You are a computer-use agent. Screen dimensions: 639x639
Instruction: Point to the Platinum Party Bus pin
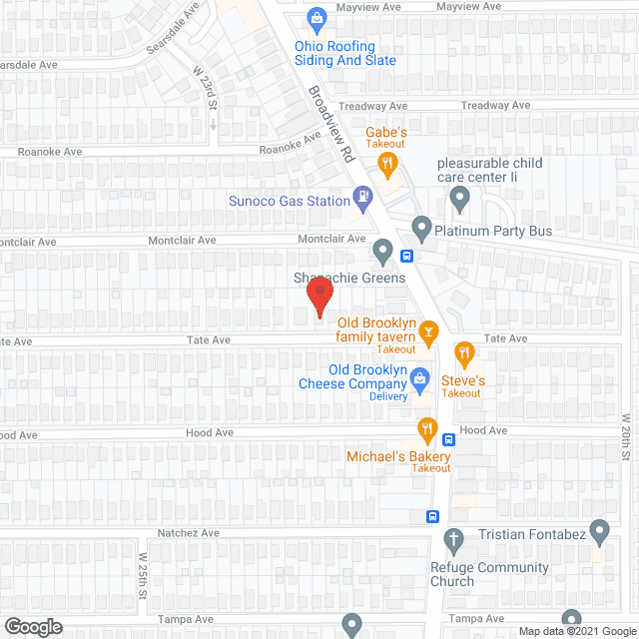coord(421,230)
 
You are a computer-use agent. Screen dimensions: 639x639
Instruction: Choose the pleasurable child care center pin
coord(459,198)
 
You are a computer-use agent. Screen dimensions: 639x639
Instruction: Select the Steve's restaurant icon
coord(464,352)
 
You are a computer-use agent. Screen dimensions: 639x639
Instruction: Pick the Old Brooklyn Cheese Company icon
coord(420,378)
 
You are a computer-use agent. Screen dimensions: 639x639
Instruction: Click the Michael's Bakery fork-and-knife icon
coord(427,430)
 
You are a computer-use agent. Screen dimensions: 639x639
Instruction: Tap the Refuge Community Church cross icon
coord(453,539)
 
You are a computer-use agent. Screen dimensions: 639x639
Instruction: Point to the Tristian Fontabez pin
coord(599,529)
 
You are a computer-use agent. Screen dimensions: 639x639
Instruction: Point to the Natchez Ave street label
coord(188,533)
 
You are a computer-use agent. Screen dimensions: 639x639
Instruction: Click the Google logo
coord(32,627)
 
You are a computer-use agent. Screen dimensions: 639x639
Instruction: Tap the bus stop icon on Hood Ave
coord(450,438)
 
